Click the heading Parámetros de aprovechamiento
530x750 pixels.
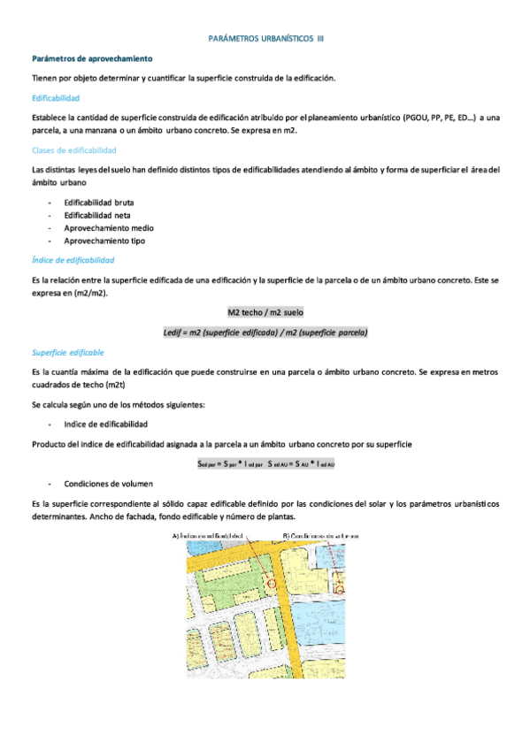pos(92,58)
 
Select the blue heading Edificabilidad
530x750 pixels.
pos(55,97)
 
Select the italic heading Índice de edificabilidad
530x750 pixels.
pos(73,260)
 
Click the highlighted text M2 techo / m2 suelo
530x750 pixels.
pos(265,313)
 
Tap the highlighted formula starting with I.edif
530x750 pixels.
pos(265,333)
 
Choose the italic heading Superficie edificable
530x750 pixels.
pos(67,352)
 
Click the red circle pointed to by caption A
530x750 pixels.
pos(271,584)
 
